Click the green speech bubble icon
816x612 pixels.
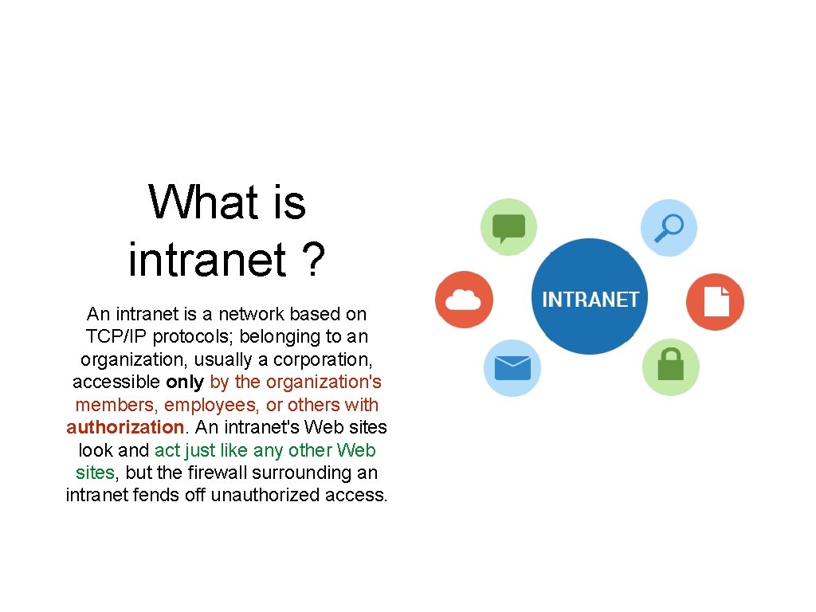(x=508, y=227)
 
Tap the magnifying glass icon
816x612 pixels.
(x=669, y=227)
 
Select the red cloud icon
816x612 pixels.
(x=464, y=300)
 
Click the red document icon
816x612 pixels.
(x=715, y=302)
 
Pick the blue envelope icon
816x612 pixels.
(x=512, y=367)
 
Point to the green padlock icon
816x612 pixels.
(x=671, y=367)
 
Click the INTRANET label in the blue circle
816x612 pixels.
(x=590, y=300)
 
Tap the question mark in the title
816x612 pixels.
(x=314, y=259)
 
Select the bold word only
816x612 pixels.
(x=185, y=382)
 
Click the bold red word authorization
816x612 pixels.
(x=125, y=427)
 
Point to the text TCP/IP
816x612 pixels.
(x=116, y=336)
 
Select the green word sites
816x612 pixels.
(x=95, y=473)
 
